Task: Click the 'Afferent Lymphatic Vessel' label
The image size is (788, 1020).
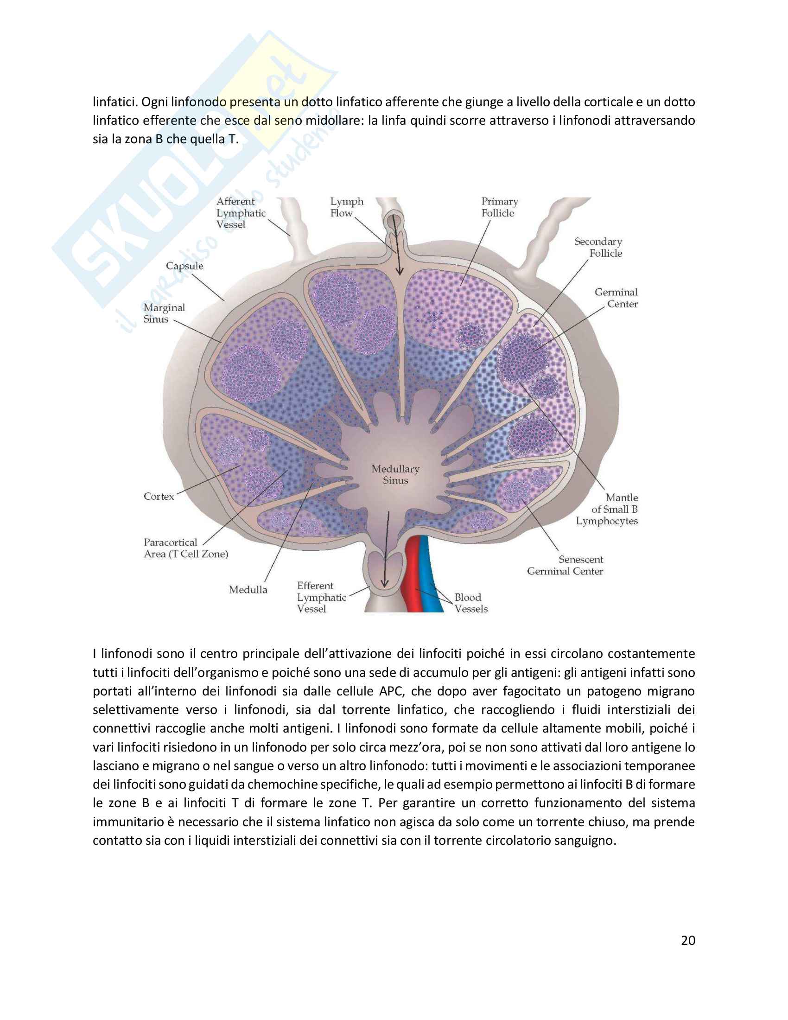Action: (241, 213)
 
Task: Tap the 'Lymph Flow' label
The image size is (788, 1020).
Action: (346, 207)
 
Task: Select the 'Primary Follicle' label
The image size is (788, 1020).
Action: (500, 207)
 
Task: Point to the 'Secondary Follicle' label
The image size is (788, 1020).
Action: (598, 248)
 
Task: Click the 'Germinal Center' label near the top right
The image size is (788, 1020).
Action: (616, 298)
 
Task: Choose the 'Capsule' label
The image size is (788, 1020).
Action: (184, 266)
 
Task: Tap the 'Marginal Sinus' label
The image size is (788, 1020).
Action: (164, 313)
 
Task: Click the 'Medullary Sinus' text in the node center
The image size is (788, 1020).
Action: (395, 474)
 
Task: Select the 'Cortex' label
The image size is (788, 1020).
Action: (159, 497)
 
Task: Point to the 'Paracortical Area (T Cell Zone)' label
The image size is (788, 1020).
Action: (186, 548)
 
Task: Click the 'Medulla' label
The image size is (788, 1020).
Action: (248, 590)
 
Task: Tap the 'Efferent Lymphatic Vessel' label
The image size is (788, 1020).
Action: (321, 597)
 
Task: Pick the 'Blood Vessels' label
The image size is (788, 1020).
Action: (470, 603)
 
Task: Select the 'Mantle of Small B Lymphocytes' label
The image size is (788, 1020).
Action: (607, 510)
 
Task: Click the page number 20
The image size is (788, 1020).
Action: (687, 940)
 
